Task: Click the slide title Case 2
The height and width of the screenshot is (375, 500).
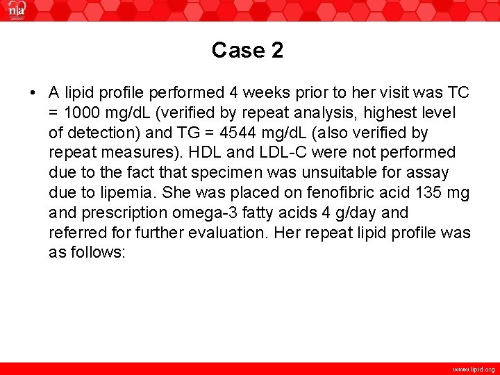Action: [248, 50]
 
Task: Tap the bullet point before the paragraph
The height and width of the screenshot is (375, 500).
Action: [33, 92]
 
